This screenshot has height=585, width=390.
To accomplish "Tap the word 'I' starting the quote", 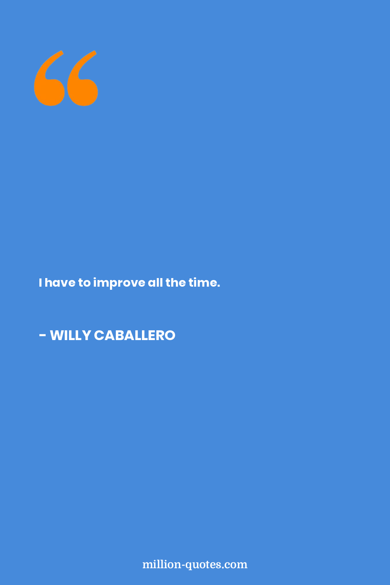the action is pyautogui.click(x=40, y=283).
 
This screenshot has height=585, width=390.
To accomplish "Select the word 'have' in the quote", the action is pyautogui.click(x=60, y=283).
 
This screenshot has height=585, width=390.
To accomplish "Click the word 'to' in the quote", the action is pyautogui.click(x=84, y=283).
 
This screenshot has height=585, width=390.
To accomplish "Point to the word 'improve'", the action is pyautogui.click(x=119, y=284).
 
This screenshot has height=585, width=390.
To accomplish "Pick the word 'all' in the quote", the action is pyautogui.click(x=155, y=282).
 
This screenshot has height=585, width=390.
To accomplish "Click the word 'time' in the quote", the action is pyautogui.click(x=203, y=282).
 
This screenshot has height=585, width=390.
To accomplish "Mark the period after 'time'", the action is pyautogui.click(x=219, y=286).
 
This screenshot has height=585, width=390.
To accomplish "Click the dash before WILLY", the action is pyautogui.click(x=43, y=336).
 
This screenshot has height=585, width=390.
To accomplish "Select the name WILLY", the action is pyautogui.click(x=71, y=335).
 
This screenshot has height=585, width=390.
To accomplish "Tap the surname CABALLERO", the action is pyautogui.click(x=135, y=335).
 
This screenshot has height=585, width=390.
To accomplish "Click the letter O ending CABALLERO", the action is pyautogui.click(x=169, y=335).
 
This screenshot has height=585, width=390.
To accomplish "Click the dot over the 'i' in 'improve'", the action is pyautogui.click(x=95, y=278).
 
